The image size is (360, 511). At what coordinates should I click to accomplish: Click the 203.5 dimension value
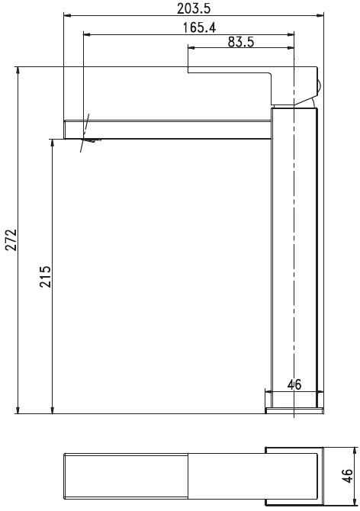[x=194, y=8]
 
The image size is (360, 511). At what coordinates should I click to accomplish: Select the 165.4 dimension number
[x=199, y=27]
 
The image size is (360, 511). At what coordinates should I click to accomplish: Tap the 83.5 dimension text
[x=241, y=42]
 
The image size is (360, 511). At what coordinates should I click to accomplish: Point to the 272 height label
[x=11, y=239]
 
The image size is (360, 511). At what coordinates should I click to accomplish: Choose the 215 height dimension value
[x=45, y=276]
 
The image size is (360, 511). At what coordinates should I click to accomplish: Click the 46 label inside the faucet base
[x=294, y=384]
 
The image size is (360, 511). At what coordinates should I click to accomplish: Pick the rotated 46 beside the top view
[x=347, y=476]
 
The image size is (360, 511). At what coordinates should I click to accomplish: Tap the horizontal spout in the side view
[x=168, y=130]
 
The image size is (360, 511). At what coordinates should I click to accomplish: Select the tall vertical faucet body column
[x=294, y=258]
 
